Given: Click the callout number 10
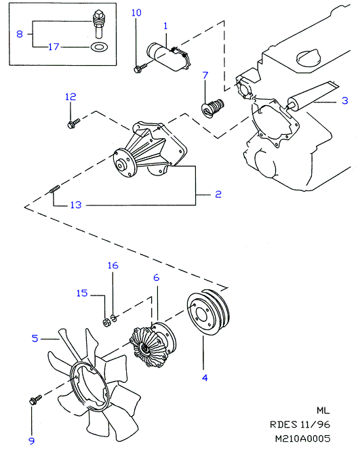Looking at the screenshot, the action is coord(136,13).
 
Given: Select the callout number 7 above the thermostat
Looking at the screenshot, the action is coord(205,75).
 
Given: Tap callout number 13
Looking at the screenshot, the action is coord(76,205).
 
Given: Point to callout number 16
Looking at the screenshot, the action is coord(113,266).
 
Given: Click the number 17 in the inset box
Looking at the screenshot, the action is coord(54,47).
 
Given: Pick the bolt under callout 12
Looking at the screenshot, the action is coord(73,123).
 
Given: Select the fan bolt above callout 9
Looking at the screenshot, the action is coord(36,399).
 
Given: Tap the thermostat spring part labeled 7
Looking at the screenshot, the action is coord(212,108).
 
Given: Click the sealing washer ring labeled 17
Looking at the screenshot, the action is coord(99,47).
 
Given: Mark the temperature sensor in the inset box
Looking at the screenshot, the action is coord(98,24).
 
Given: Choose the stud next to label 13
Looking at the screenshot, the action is coord(54,189).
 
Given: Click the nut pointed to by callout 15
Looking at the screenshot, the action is coord(106,323).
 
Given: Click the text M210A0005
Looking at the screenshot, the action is coord(303,438).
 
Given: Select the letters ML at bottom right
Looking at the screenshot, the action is coord(323,411).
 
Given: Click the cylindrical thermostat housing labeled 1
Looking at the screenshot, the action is coord(168,57).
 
